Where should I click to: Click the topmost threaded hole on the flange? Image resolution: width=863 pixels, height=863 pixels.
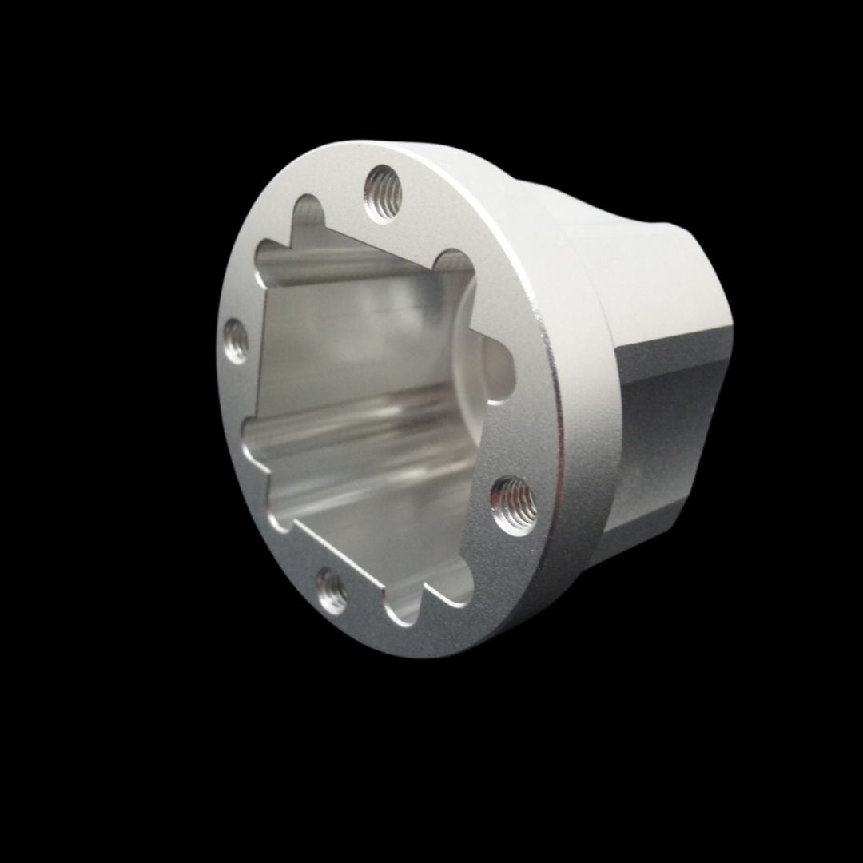382,193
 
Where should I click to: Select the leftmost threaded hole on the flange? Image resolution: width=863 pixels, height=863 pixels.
235,340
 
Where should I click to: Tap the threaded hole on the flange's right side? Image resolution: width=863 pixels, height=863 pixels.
511,503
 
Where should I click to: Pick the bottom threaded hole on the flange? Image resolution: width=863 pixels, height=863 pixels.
331,592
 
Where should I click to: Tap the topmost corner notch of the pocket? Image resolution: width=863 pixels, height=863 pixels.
307,213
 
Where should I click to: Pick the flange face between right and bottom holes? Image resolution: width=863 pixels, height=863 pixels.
447,583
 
